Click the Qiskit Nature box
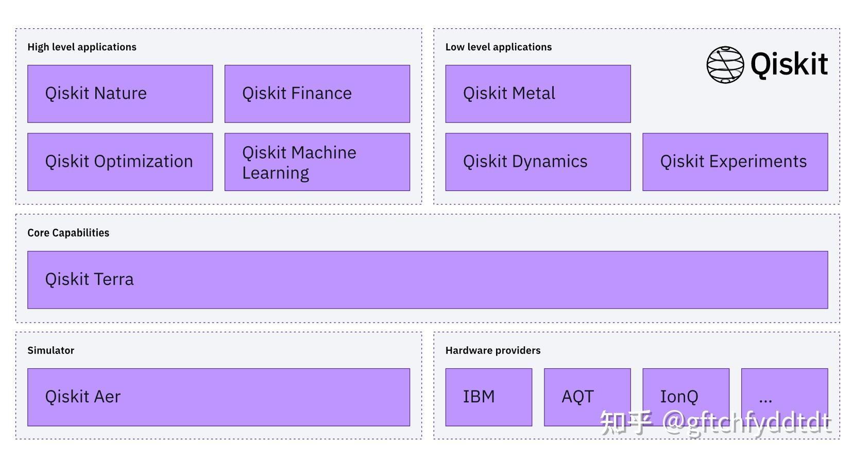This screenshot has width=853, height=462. coord(120,94)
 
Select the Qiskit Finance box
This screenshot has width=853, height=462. coord(317,94)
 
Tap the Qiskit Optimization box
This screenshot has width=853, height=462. coord(120,162)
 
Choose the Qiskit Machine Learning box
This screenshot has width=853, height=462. coord(317,162)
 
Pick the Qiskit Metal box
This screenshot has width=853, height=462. coord(538,94)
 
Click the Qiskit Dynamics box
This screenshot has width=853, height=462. coord(538,162)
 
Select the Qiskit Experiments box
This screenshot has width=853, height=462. coord(735,162)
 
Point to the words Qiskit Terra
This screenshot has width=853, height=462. coord(89,279)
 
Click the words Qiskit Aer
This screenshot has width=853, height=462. coord(82,397)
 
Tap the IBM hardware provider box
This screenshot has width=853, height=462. coord(488,397)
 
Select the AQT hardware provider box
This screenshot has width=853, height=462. coord(587,397)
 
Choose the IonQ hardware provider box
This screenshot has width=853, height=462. coord(686,397)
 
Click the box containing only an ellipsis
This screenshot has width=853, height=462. coord(784,397)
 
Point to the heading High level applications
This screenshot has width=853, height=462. coord(82,47)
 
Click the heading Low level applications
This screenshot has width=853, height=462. coord(498,47)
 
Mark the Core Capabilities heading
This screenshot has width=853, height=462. coord(68,233)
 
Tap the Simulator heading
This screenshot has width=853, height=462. coord(50,350)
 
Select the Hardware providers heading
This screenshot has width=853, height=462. coord(492,350)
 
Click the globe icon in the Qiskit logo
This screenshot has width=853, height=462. coord(725,65)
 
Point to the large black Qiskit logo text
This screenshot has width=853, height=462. coord(789,65)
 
